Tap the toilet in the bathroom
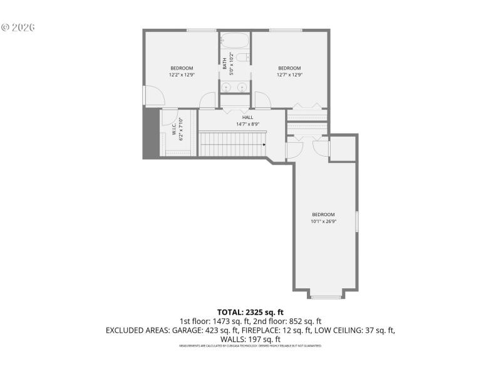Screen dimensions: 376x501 (x=246, y=58)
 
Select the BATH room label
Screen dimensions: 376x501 (x=225, y=63)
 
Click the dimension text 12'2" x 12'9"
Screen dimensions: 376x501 (x=182, y=75)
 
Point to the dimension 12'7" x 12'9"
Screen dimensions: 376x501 (x=289, y=75)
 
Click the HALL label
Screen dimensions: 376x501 (x=248, y=117)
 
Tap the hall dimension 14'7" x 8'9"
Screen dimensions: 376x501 (x=248, y=124)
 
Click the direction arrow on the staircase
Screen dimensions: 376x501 (x=264, y=145)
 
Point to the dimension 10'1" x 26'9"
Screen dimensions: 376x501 (x=324, y=221)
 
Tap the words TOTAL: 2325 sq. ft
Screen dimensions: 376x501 (x=250, y=311)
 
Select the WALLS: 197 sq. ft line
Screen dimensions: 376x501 (x=250, y=338)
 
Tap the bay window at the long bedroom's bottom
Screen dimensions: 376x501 (x=326, y=296)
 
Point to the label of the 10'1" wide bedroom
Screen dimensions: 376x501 (x=324, y=214)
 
